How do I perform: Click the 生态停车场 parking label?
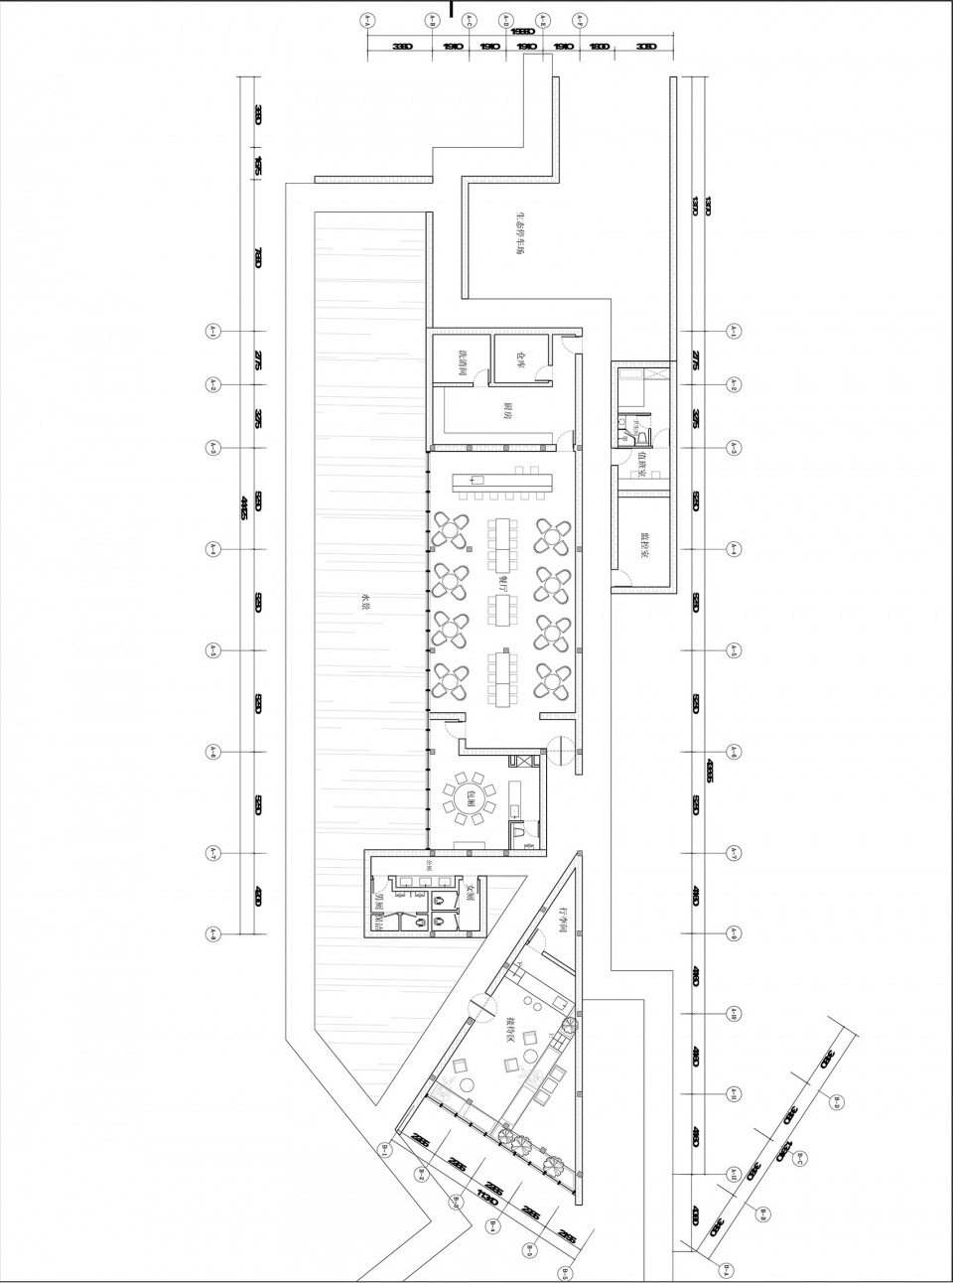[518, 232]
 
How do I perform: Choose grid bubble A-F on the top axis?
[580, 19]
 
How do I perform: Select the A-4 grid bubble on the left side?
[212, 548]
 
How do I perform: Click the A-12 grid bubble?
[734, 1174]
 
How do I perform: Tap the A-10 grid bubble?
[734, 1013]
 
